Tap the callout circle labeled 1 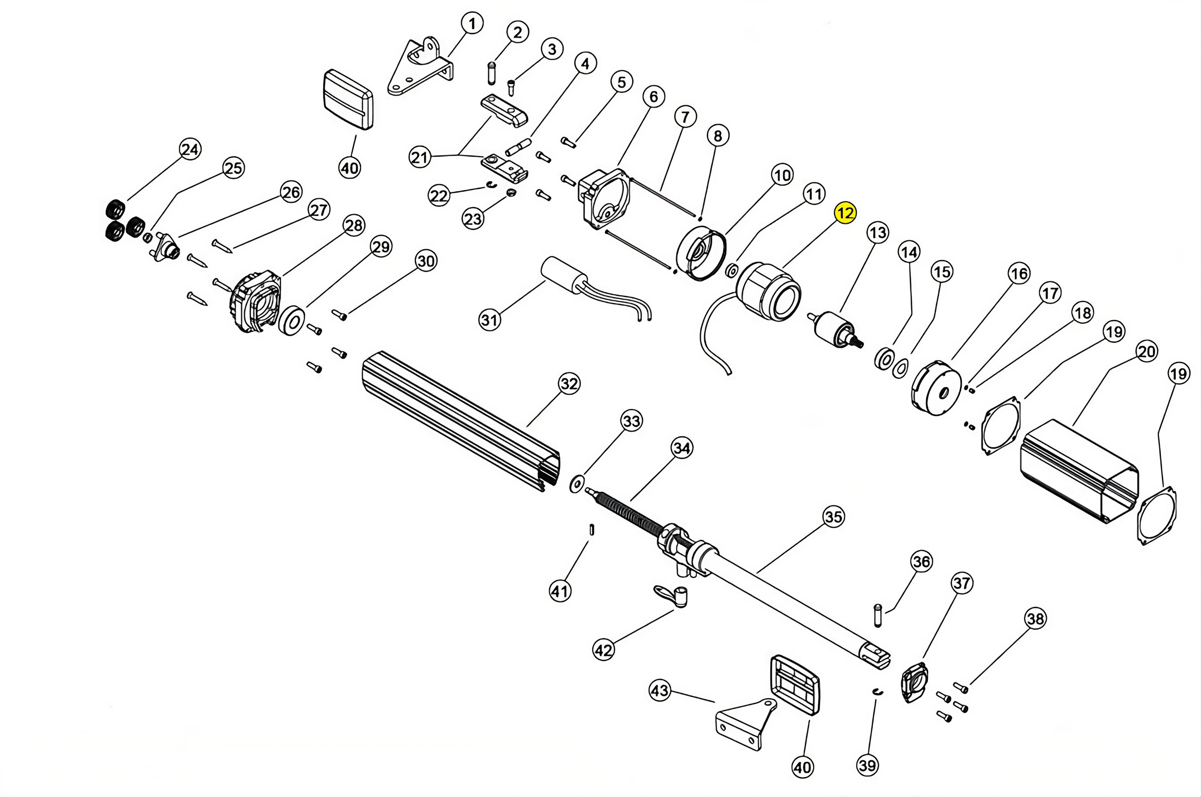[x=472, y=23]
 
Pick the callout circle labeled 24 [x=190, y=149]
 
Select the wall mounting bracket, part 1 [x=419, y=69]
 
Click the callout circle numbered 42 [x=604, y=650]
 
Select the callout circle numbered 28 [x=354, y=225]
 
